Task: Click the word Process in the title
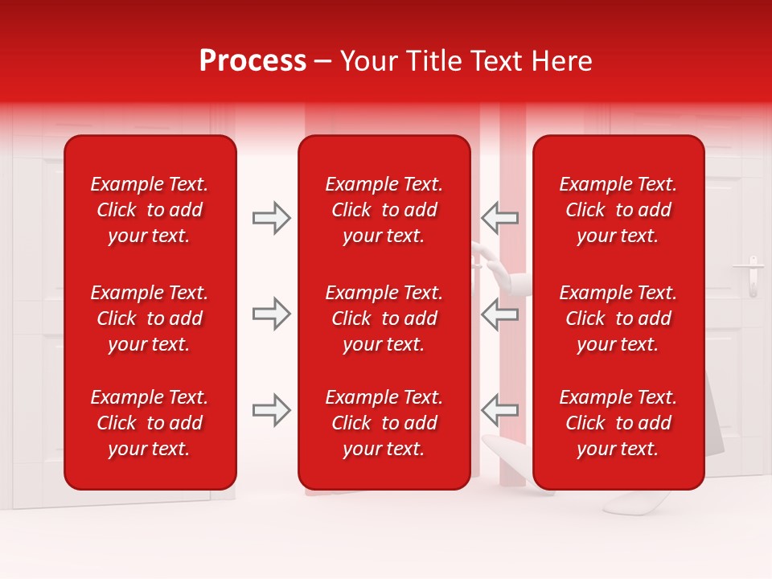coord(253,61)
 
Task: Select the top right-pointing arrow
coord(271,218)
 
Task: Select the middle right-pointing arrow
coord(271,314)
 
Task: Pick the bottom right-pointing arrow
coord(271,410)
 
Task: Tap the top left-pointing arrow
coord(499,218)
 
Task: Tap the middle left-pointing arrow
coord(499,314)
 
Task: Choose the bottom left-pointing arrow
coord(499,410)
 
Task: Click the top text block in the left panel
coord(150,210)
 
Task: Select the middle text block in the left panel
coord(150,318)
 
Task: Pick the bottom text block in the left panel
coord(150,423)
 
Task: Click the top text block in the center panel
coord(384,210)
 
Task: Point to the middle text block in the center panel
coord(384,318)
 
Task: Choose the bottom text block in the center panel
coord(384,423)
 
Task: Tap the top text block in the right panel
coord(618,210)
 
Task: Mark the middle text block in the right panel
coord(618,318)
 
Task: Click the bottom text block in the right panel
coord(618,423)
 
